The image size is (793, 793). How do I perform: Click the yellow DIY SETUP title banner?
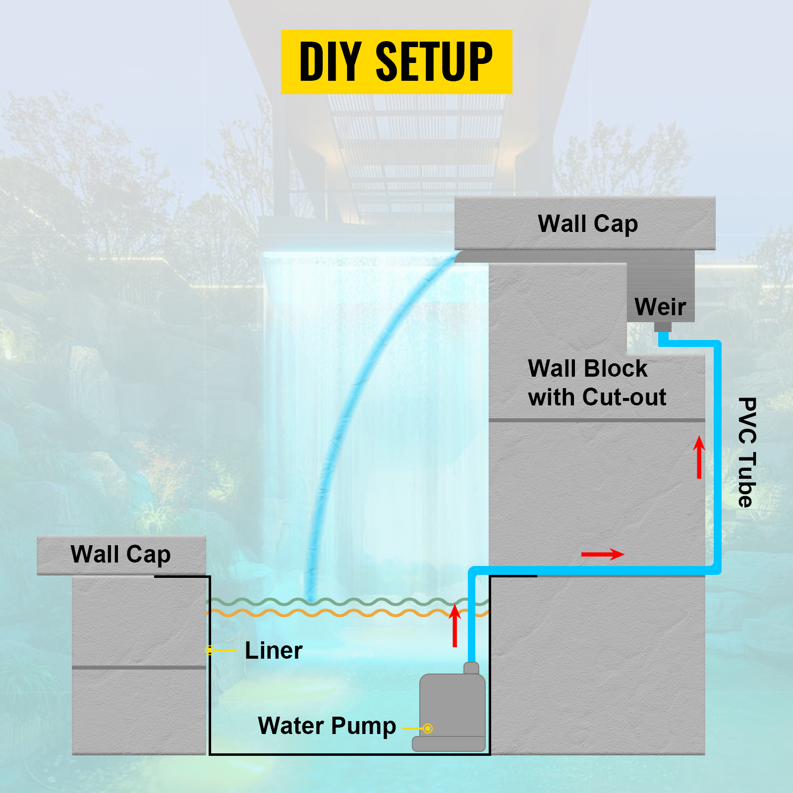point(396,62)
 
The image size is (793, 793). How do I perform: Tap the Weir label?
point(660,307)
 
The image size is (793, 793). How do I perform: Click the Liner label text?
point(274,651)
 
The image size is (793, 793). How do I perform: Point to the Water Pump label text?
point(327,726)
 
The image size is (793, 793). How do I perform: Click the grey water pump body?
point(452,709)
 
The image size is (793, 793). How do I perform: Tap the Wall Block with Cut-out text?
point(597,383)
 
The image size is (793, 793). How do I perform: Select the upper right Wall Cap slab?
point(585,223)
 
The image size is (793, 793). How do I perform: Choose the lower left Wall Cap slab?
point(121,555)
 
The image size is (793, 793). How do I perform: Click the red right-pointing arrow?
point(602,554)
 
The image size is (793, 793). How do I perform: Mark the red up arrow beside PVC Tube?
point(699,457)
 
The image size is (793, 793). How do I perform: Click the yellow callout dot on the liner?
point(210,650)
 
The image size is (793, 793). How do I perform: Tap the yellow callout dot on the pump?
point(428,729)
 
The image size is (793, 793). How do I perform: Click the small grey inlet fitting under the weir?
point(663,327)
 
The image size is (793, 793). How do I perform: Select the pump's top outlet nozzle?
point(471,668)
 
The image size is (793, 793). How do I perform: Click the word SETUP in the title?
point(434,62)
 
